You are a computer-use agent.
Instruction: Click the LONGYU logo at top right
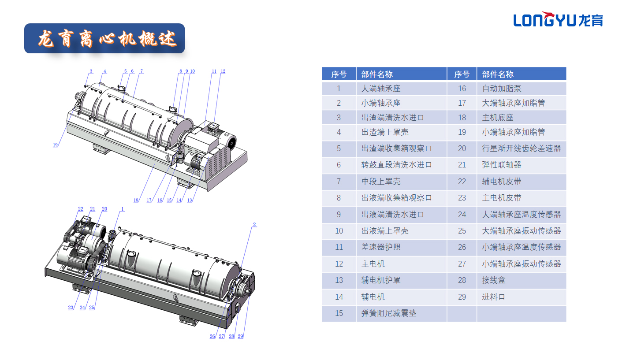(558, 19)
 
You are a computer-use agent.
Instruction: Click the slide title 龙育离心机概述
(107, 39)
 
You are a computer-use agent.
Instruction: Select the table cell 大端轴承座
(380, 89)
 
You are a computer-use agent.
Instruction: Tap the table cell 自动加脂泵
(501, 89)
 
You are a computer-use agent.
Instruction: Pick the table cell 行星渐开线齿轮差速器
(521, 148)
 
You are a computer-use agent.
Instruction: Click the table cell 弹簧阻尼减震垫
(388, 313)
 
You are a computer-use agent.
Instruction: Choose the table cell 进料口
(493, 297)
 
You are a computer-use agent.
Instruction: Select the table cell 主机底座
(497, 118)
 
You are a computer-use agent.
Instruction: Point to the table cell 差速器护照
(380, 247)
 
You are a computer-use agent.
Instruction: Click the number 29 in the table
(462, 297)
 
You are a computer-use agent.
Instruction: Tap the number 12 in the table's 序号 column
(339, 264)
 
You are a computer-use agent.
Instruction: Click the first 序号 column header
(339, 74)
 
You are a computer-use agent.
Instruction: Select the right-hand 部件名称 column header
(497, 74)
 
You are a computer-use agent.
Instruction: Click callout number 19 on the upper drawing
(55, 145)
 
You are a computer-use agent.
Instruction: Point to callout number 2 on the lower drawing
(254, 224)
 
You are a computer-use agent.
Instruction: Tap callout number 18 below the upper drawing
(136, 200)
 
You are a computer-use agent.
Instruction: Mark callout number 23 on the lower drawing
(71, 308)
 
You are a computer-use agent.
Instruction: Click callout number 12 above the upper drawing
(223, 71)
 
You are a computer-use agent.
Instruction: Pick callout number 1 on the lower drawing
(123, 209)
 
